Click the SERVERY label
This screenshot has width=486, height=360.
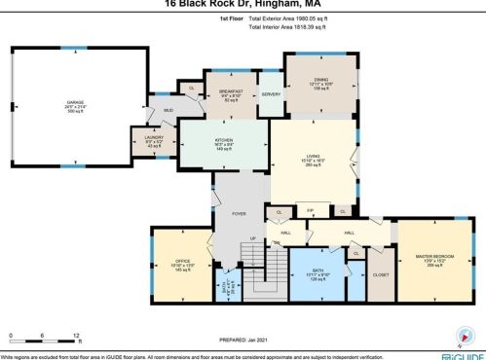tap(271, 93)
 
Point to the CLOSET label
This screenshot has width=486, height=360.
tap(380, 275)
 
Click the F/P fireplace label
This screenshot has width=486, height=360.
tap(312, 209)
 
